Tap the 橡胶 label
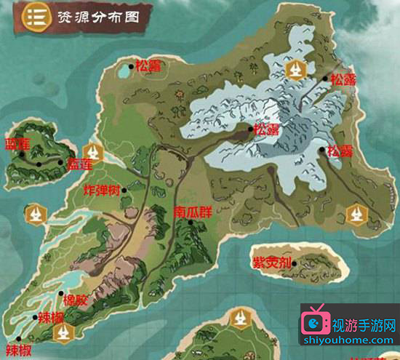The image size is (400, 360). tap(73, 298)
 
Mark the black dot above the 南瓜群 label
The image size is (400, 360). tap(191, 223)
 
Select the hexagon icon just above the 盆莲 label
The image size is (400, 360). tap(92, 151)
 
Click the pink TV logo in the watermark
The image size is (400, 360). tap(316, 321)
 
